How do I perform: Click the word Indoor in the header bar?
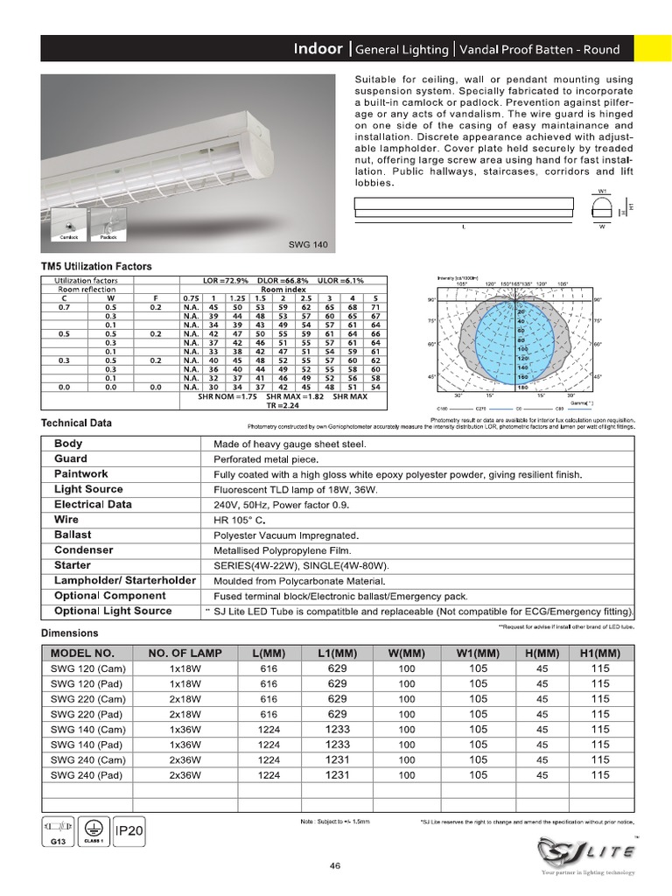318,49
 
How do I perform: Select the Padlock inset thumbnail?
108,223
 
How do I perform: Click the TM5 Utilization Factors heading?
96,266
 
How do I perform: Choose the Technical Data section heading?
77,423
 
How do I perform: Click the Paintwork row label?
81,473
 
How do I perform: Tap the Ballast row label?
73,535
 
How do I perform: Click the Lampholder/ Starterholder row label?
124,580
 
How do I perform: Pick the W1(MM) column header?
478,653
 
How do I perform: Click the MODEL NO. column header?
82,653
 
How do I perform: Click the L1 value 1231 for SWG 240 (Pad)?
338,775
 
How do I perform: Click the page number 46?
335,866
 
